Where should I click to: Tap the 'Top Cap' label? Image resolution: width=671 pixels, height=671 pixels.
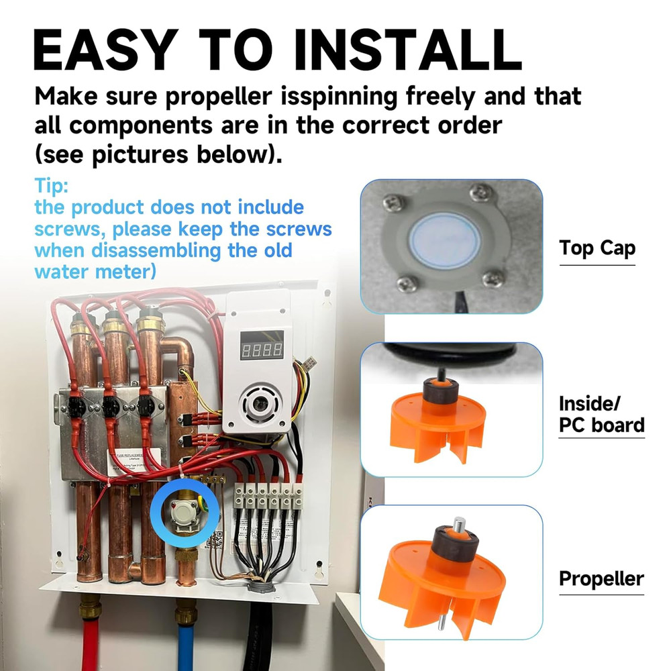click(x=597, y=248)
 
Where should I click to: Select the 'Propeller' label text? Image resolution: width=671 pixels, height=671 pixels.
click(x=601, y=578)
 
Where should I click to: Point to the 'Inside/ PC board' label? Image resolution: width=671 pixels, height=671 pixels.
click(x=601, y=414)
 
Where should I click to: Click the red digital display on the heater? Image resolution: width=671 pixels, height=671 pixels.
click(x=262, y=349)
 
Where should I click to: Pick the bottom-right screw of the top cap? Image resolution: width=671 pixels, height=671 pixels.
click(x=495, y=276)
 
